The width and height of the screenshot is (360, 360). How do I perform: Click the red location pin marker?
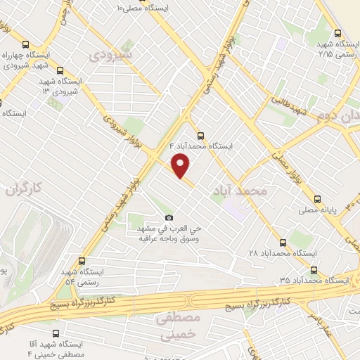coord(181,165)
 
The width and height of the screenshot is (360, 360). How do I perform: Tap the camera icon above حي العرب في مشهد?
coord(168,218)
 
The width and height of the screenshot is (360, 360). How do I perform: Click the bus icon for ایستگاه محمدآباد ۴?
coord(202,136)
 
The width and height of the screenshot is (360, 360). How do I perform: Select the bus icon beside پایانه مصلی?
coord(318,198)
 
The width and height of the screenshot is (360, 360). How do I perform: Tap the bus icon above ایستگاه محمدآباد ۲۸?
coord(283,241)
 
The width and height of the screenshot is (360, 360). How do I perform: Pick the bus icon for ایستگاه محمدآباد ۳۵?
coord(314,269)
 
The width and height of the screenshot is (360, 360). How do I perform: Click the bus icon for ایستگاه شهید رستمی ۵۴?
coord(82,261)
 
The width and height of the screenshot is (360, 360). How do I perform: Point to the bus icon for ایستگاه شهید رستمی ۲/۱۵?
coord(338,33)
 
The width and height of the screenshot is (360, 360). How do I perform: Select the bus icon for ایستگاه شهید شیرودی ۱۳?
coord(59,70)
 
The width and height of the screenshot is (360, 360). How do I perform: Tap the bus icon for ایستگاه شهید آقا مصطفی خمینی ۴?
coord(56,334)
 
